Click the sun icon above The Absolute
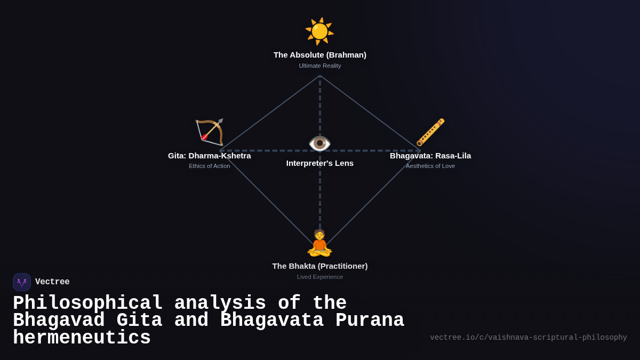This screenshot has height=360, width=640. [319, 31]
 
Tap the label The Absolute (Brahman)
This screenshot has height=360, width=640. [320, 55]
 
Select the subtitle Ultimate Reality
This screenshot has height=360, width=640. [320, 66]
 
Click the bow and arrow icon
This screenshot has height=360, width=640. [209, 132]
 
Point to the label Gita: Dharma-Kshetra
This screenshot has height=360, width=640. [209, 156]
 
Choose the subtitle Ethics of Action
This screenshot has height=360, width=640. [209, 166]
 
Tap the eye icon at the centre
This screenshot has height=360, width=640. [319, 143]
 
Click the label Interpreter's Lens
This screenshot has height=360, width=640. [320, 163]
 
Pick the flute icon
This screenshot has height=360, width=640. [430, 132]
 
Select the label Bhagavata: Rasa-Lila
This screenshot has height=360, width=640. [430, 156]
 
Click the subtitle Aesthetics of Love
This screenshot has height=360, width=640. [430, 166]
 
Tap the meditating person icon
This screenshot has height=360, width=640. [319, 243]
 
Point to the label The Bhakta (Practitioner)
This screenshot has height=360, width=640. [320, 266]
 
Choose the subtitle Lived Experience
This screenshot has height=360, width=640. [320, 277]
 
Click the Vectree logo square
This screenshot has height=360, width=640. [22, 282]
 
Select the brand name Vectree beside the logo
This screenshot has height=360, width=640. [52, 282]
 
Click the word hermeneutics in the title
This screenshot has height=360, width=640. [82, 338]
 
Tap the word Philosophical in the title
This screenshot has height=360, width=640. [88, 303]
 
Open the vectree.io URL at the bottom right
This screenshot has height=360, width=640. [528, 338]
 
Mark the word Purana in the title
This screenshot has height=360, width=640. [370, 321]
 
